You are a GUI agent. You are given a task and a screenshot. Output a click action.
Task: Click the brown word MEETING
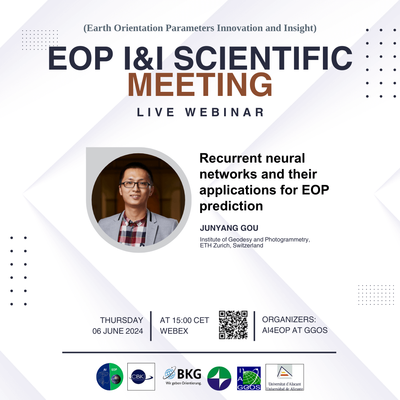(200, 84)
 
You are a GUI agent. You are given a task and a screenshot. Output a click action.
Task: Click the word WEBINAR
(224, 112)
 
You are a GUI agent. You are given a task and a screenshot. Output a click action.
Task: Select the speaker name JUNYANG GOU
(229, 228)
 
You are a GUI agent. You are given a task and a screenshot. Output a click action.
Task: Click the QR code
(233, 325)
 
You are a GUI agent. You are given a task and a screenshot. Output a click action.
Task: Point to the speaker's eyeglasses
(135, 185)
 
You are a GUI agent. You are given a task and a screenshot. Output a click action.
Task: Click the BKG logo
(182, 376)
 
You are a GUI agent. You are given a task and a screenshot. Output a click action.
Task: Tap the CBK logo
(141, 377)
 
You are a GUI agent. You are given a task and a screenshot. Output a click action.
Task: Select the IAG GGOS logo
(249, 378)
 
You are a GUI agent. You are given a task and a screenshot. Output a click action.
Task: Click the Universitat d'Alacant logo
(285, 377)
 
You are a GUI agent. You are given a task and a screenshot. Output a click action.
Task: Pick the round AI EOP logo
(110, 377)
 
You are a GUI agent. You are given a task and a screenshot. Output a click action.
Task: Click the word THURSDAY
(121, 320)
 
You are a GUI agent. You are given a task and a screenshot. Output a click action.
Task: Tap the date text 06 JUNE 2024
(118, 331)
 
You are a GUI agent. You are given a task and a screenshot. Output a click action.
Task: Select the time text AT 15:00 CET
(184, 320)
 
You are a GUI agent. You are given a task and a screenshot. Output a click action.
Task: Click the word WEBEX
(174, 331)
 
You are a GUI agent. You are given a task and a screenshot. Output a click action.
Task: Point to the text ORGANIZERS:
(289, 319)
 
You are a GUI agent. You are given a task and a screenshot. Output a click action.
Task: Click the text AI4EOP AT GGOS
(295, 330)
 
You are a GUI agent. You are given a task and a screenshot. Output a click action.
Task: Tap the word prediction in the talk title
(231, 206)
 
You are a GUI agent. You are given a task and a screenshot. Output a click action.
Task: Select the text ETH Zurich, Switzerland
(231, 246)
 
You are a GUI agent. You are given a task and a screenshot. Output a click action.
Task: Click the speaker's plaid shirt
(131, 230)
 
